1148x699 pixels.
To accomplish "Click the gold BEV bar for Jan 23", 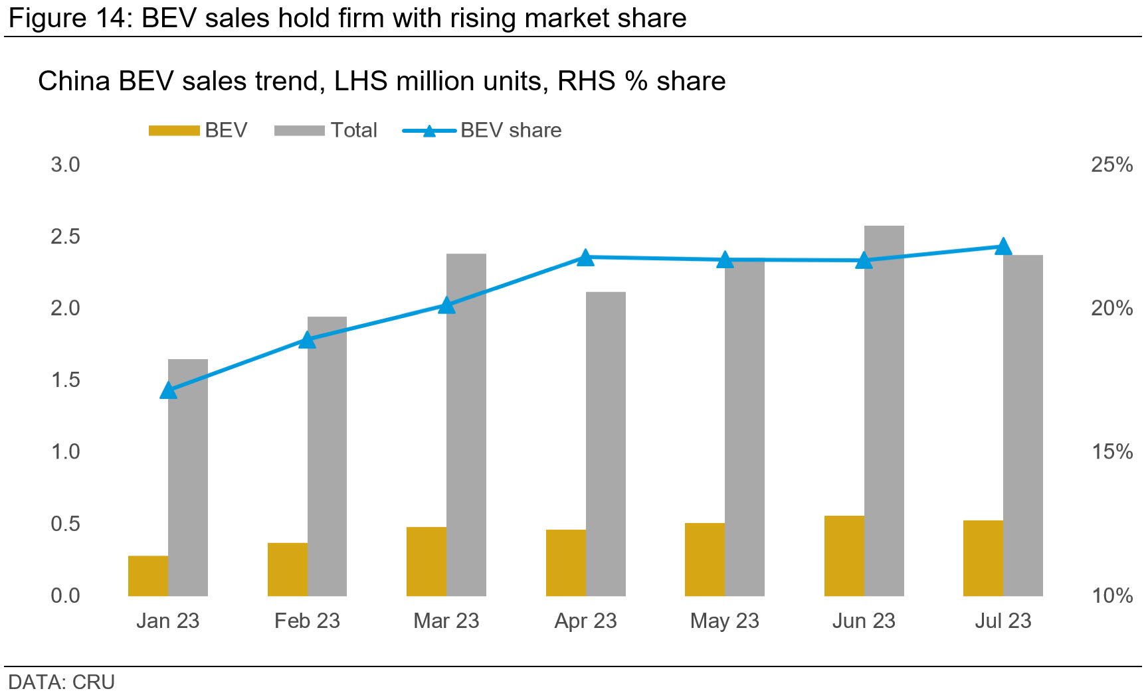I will tap(148, 576).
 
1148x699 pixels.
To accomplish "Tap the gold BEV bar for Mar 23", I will tap(427, 561).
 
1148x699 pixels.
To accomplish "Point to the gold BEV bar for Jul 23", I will tap(983, 558).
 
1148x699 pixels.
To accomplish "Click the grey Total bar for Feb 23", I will tap(327, 456).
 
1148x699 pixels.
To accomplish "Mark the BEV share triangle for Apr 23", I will tap(585, 258).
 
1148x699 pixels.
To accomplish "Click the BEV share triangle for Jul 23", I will tap(1003, 247).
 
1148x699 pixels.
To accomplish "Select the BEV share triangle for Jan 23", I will tap(169, 390).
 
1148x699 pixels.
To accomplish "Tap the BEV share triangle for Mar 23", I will tap(446, 305).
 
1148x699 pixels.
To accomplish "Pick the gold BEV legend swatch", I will tap(174, 130).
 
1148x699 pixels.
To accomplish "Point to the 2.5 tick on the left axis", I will tap(65, 236).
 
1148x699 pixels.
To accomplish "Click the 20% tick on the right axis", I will tap(1111, 308).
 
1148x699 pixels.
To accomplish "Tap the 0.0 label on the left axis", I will tap(65, 595).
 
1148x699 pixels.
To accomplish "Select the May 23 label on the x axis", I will tap(724, 621).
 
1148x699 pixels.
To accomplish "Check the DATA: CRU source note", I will tap(61, 682).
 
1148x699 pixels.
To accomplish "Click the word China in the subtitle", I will tap(74, 81).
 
